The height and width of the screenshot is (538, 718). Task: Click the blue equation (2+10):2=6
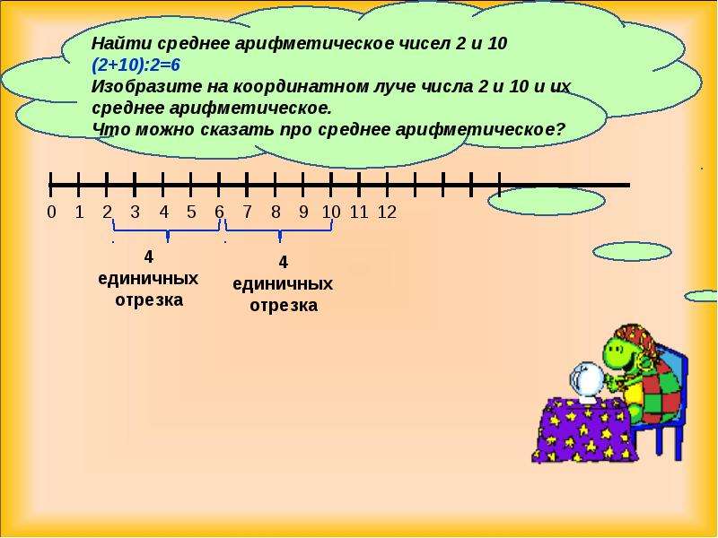coord(136,65)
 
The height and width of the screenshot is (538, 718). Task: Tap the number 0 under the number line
coord(52,213)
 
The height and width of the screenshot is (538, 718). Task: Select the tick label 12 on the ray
coord(387,213)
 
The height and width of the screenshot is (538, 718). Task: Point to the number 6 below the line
coord(219,213)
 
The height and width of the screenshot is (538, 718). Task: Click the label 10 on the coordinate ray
coord(331,213)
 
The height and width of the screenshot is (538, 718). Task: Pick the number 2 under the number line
coord(107,213)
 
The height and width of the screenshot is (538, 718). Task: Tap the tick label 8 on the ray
coord(276,213)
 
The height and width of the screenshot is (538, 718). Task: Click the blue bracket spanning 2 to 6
coord(167,231)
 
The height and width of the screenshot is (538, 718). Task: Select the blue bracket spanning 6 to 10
coord(279,231)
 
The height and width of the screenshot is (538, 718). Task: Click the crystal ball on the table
coord(587,381)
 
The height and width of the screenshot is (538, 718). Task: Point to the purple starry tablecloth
coord(584,430)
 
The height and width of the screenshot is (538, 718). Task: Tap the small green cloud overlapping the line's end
coord(547,201)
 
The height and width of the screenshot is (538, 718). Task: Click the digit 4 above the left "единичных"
coord(148,257)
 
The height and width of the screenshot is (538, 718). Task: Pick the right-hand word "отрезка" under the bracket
coord(284,306)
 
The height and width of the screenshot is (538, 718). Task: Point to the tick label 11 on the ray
coord(359,213)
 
